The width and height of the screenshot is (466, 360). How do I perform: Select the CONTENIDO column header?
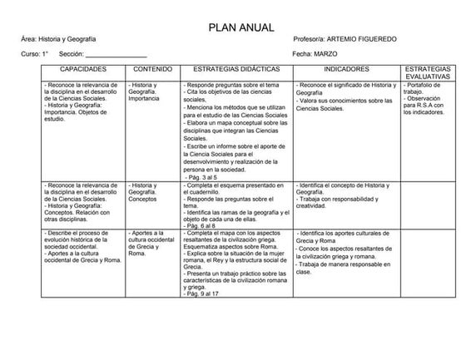point(153,69)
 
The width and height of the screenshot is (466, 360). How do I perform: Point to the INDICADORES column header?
point(346,69)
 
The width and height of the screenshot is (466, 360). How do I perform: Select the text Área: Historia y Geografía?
point(58,40)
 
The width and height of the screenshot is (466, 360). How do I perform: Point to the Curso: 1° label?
point(35,54)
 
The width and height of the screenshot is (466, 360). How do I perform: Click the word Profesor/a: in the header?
point(310,40)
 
